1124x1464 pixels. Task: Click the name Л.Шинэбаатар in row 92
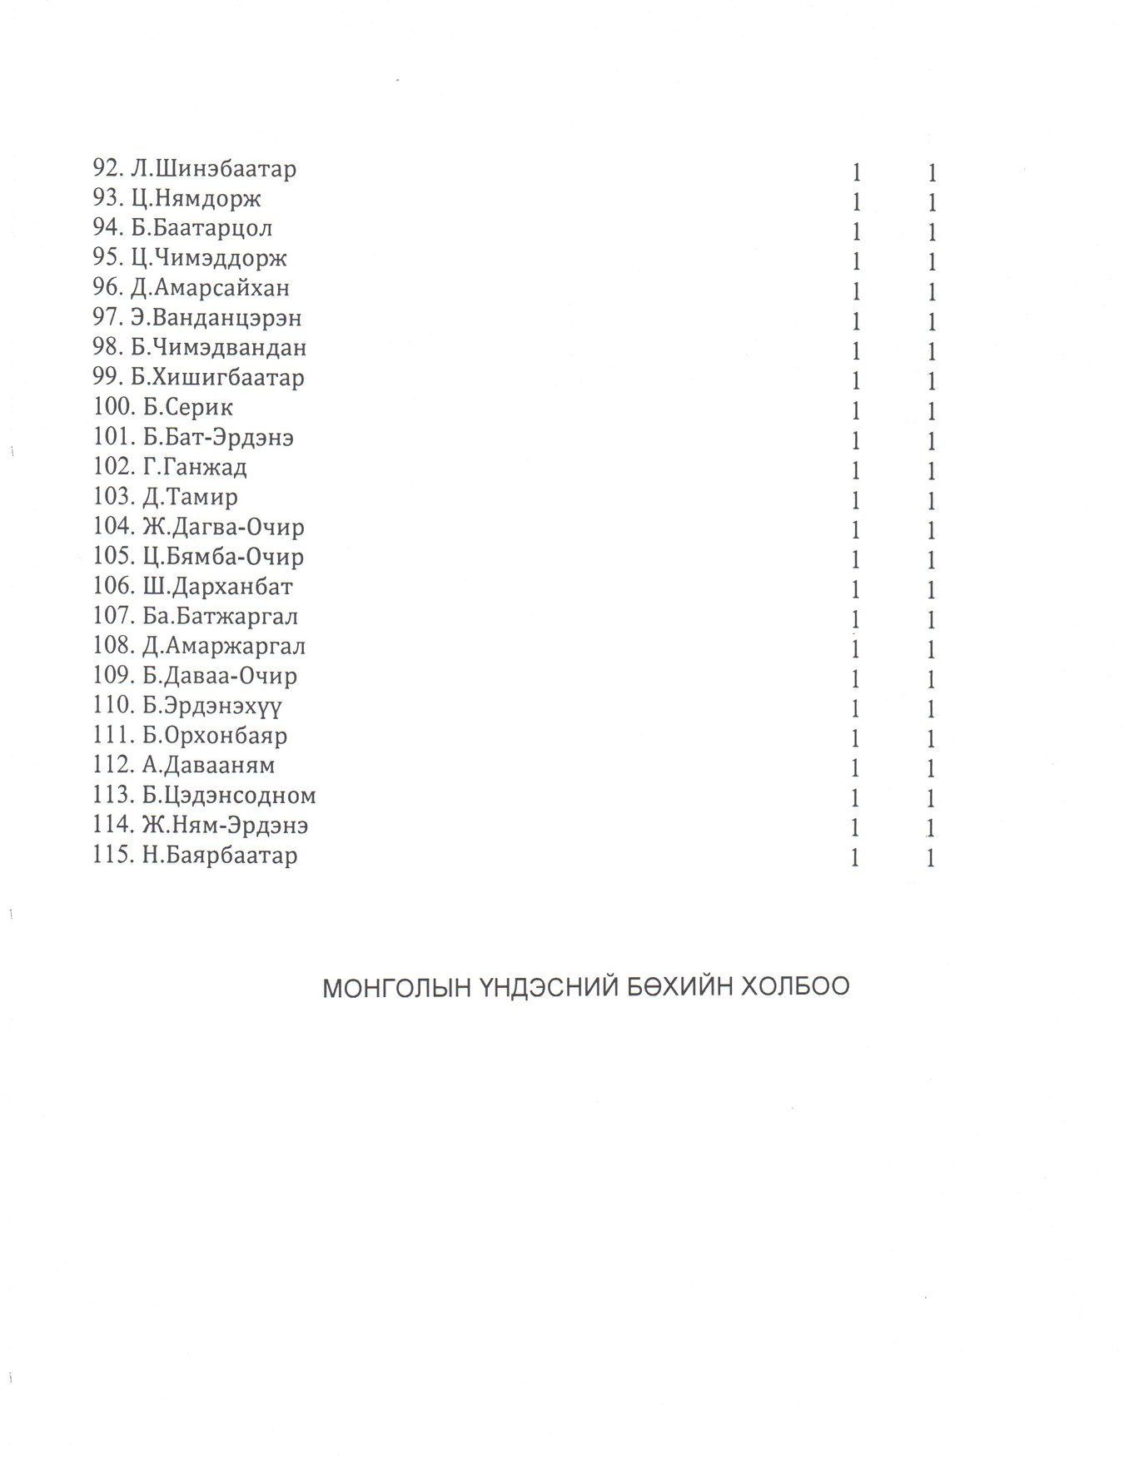tap(213, 169)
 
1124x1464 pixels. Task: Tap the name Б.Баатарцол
tap(201, 229)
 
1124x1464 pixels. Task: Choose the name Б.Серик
tap(187, 408)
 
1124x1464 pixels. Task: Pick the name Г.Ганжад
tap(195, 467)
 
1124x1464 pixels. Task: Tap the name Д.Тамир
tap(190, 497)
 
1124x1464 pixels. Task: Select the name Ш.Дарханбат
tap(217, 587)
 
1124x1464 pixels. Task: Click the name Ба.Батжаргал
tap(220, 617)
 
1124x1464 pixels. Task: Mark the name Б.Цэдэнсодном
tap(229, 796)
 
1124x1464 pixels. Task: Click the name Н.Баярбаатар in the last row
tap(220, 856)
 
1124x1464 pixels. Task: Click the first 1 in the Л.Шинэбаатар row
tap(855, 173)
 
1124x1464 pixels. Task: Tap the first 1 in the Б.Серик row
tap(855, 411)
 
